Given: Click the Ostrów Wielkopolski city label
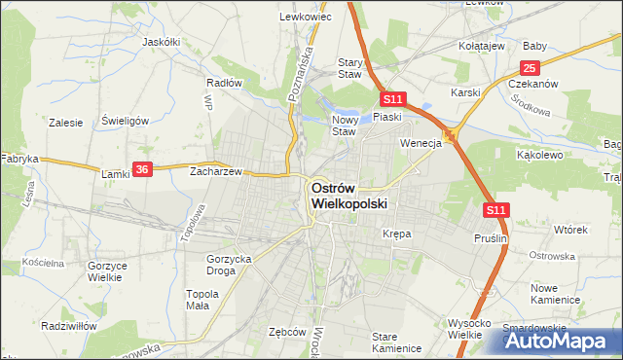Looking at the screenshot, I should coord(348,197).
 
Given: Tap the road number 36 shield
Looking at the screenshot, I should coord(143,169).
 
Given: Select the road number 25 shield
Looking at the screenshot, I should coord(530,67).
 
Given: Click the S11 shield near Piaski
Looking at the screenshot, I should coord(392,99).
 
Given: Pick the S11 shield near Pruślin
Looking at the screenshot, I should coord(496,209).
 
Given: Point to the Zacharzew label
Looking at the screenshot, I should coord(216,169).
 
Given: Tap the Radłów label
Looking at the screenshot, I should coord(224,83).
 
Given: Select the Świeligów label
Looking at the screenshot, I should coord(124,121).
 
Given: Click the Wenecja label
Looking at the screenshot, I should coord(421,143).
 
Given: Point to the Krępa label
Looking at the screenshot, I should coord(396,234).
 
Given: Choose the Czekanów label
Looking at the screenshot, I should coord(532,84).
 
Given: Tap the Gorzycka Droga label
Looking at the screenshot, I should coord(230,265).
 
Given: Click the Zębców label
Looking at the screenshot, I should coord(287,331).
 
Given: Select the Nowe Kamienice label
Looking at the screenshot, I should coord(556,294).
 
